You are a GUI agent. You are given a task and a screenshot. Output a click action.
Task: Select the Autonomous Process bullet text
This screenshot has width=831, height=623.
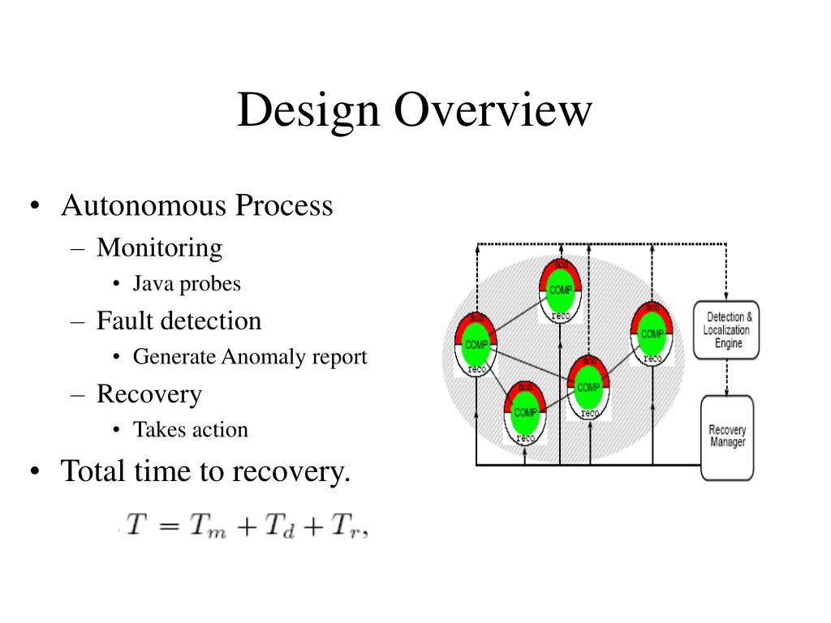(196, 205)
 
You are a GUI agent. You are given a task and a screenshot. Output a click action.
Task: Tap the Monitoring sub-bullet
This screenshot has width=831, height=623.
(159, 247)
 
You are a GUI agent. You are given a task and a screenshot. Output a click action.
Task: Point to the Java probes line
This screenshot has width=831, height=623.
(187, 284)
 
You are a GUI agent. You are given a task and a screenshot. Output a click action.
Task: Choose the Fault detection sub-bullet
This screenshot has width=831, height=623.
(179, 320)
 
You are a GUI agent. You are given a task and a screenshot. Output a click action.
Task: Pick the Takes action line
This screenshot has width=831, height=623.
(191, 429)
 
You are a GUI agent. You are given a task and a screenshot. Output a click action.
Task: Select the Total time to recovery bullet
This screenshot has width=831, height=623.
(205, 470)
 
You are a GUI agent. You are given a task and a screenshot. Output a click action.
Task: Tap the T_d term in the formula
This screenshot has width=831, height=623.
(281, 527)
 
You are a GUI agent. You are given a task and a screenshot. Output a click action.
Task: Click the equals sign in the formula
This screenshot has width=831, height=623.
(166, 526)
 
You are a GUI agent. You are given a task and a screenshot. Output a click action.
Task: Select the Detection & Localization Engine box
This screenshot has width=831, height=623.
(727, 331)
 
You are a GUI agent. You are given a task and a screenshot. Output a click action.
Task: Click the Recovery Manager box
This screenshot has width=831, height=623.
(727, 436)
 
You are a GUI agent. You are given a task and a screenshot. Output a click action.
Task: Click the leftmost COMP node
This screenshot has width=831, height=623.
(476, 345)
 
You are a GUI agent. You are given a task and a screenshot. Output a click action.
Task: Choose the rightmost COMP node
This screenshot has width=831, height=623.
(652, 333)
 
